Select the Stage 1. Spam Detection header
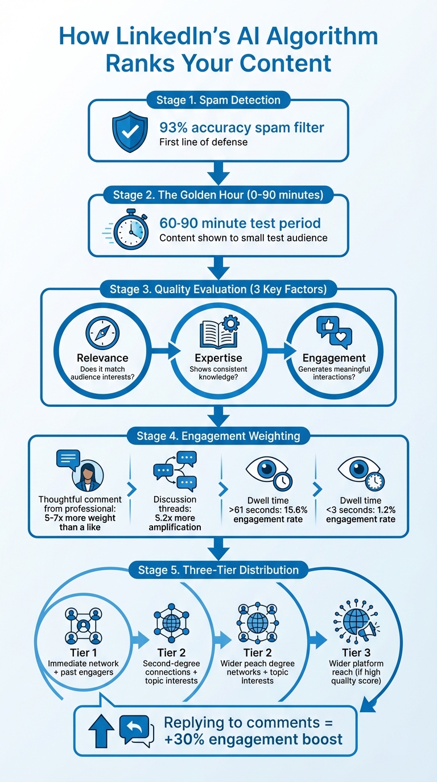tap(218, 100)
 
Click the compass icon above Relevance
tap(102, 332)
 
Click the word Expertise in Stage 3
tap(218, 358)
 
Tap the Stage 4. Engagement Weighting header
tap(218, 436)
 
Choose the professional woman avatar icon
tap(88, 475)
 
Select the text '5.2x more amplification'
tap(175, 522)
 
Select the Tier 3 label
tap(357, 652)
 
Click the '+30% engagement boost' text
tap(253, 739)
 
